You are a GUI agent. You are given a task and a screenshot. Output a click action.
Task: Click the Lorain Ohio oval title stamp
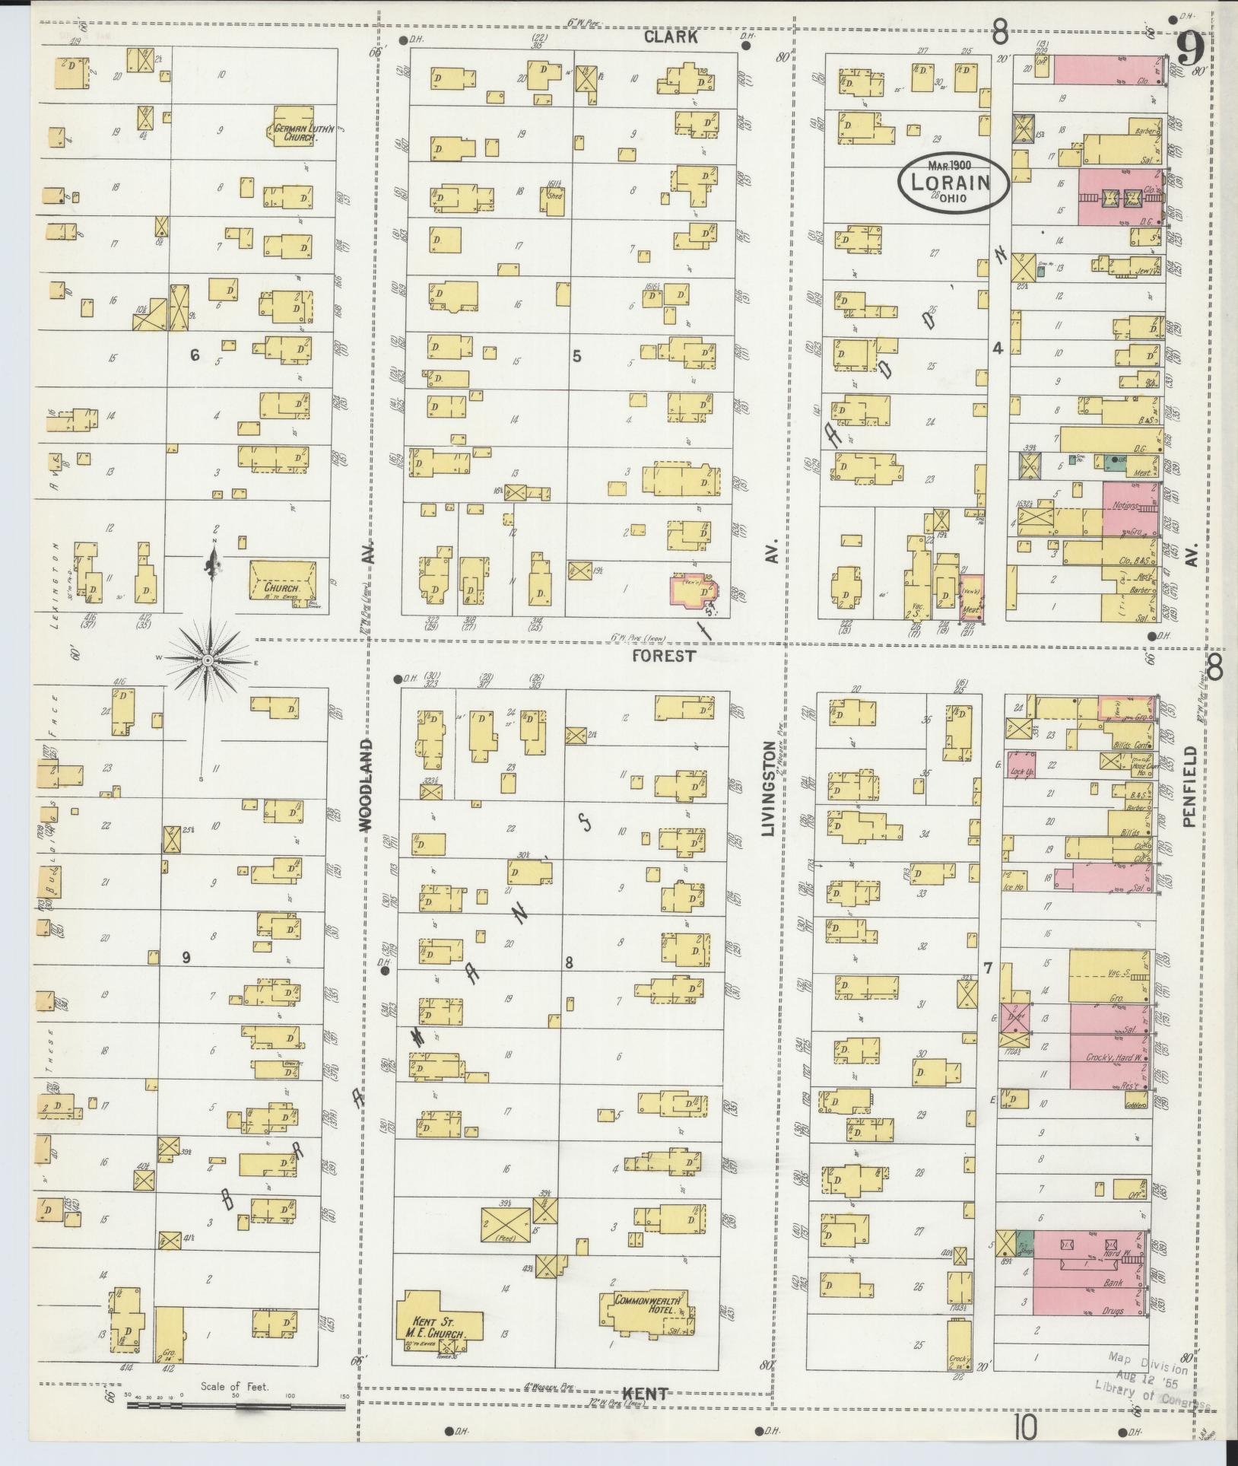tap(954, 183)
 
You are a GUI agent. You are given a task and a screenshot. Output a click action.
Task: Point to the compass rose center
tap(207, 660)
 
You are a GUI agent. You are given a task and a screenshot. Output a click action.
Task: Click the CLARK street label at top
tap(671, 36)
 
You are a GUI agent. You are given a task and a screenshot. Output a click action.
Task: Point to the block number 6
tap(195, 355)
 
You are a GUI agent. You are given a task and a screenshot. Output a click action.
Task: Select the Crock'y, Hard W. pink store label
tap(1109, 1059)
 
